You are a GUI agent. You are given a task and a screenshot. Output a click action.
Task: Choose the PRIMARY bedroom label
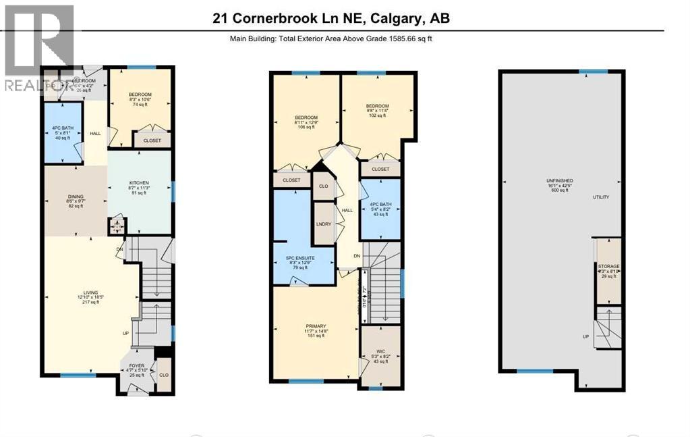coord(314,326)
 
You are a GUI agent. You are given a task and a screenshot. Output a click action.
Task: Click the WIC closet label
coord(380,352)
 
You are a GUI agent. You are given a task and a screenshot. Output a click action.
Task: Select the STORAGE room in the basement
coord(609,267)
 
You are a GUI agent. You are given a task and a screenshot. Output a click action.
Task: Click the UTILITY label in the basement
coord(600,197)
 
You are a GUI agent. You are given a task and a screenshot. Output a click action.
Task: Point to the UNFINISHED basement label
coord(560,181)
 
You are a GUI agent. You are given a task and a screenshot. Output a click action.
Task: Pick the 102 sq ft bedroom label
coord(377,106)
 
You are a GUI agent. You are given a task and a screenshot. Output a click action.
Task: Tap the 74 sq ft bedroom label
coord(140,95)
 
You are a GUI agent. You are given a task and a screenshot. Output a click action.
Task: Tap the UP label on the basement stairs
coord(586,336)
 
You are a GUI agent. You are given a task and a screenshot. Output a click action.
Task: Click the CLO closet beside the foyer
coord(163,374)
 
